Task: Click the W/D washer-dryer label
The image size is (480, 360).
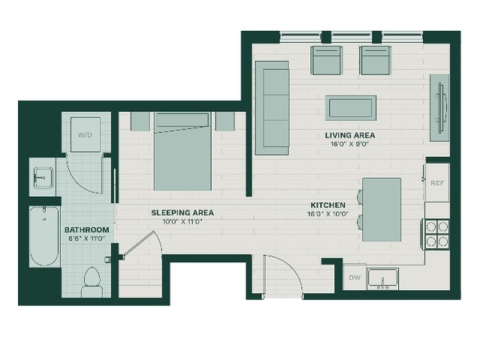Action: (85, 135)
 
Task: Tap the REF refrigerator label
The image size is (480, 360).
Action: (437, 183)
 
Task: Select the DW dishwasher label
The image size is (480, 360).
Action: (355, 277)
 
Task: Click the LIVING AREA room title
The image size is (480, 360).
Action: (350, 135)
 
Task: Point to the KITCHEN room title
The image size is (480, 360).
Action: (328, 205)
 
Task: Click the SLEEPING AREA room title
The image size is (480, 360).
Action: (183, 213)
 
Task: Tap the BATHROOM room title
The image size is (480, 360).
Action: (87, 230)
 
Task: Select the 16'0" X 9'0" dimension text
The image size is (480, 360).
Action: (350, 144)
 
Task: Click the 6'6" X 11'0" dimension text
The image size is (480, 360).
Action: (87, 238)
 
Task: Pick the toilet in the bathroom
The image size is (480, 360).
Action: (92, 282)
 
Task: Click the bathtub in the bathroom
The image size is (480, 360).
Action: (44, 236)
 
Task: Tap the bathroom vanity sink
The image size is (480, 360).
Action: (44, 177)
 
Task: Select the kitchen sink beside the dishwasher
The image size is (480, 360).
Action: (382, 279)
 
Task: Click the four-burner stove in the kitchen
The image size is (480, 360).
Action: (436, 234)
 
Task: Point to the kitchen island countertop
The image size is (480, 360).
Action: (382, 210)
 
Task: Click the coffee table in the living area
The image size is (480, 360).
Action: (351, 107)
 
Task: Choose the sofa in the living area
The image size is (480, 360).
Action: (272, 107)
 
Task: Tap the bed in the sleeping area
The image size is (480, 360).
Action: (183, 151)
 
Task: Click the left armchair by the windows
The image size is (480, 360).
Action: (326, 60)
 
